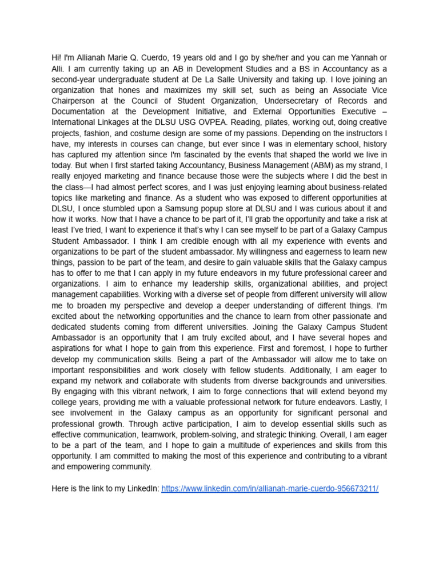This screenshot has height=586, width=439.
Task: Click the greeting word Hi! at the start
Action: [57, 58]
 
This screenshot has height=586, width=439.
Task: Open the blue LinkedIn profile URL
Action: [270, 488]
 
